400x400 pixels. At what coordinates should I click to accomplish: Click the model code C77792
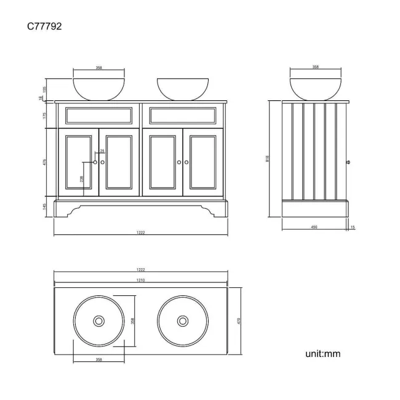tap(44, 26)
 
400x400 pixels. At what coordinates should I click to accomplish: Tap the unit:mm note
tap(322, 354)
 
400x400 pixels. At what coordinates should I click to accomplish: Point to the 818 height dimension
tap(266, 159)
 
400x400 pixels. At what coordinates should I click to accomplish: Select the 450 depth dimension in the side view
tap(314, 228)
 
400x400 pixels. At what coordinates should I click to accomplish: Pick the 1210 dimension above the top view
tap(140, 280)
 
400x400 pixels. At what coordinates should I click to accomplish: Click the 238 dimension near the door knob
tap(82, 178)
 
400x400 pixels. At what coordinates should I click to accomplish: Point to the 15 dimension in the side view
tap(353, 228)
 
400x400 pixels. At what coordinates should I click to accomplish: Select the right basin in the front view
tap(182, 89)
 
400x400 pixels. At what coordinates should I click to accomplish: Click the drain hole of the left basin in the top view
tap(99, 321)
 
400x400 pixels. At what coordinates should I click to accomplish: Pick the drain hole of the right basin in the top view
tap(182, 321)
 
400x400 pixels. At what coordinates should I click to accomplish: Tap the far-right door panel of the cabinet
tap(203, 162)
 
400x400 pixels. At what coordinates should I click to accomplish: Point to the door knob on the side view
tap(349, 162)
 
